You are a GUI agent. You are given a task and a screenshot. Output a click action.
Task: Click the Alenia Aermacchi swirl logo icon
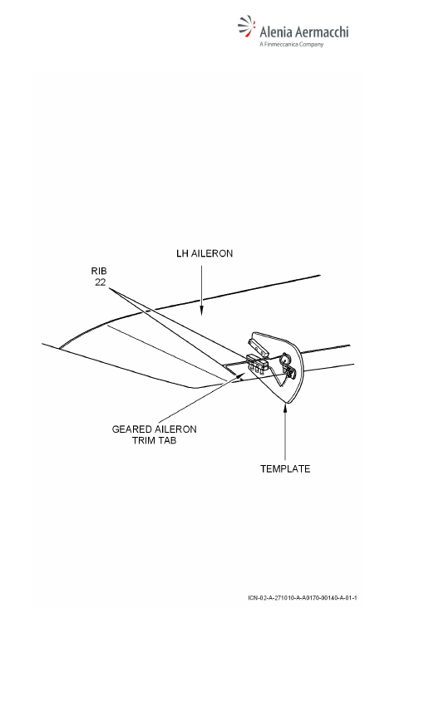coord(246,26)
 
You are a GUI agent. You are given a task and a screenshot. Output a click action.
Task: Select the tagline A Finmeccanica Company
coord(292,44)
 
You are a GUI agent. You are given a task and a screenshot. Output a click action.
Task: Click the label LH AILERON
coord(205,253)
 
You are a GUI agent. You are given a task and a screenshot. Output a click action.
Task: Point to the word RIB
coord(99,271)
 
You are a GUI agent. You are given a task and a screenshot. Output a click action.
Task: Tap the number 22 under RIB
coord(100,282)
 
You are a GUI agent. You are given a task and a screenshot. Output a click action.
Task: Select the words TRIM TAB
coord(154,440)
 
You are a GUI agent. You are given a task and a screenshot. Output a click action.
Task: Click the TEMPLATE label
coord(285,468)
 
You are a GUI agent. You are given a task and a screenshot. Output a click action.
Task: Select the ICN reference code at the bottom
coord(303,598)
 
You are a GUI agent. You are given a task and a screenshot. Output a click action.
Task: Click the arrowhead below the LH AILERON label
coord(201,311)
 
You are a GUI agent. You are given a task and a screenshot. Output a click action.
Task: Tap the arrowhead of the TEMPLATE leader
coord(285,408)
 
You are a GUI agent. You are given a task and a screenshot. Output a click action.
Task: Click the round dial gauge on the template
coord(285,360)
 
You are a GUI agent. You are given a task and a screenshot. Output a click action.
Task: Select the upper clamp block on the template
coord(257,345)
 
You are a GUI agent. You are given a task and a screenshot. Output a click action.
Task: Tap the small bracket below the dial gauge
coord(289,371)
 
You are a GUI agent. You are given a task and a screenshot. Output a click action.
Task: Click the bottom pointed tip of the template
coord(287,401)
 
